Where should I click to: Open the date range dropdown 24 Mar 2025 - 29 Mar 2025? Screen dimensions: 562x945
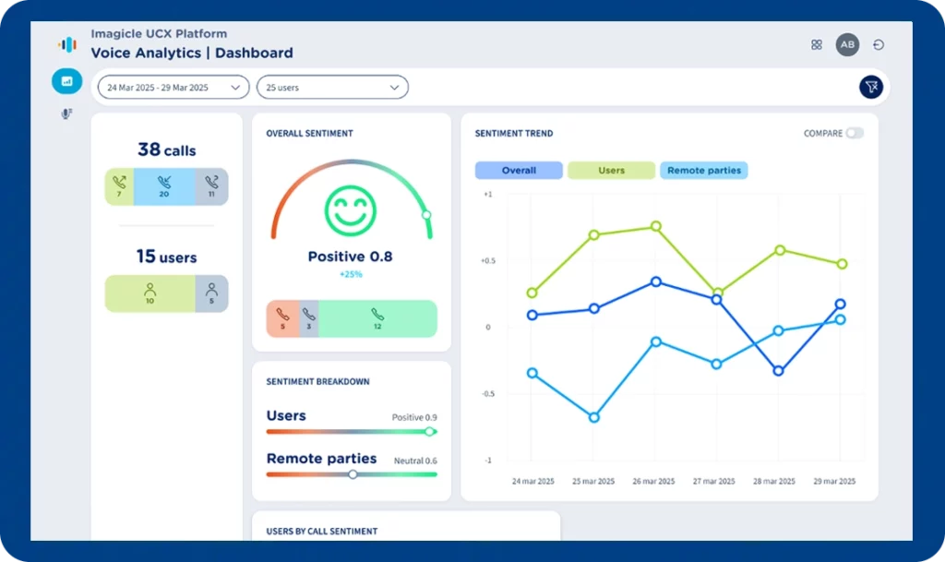[x=173, y=88]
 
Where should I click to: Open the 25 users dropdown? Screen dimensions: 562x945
[x=332, y=88]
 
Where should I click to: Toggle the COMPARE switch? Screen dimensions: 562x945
[x=855, y=133]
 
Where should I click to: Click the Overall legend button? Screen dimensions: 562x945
[x=519, y=171]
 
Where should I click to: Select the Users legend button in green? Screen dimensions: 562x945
[x=611, y=171]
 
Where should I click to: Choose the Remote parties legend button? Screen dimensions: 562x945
[x=704, y=171]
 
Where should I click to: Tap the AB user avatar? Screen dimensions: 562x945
[x=847, y=44]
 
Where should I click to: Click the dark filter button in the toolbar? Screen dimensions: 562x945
[x=870, y=87]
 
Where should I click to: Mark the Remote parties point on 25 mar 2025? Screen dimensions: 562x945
[x=593, y=417]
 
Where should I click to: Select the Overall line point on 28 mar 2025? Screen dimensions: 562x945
[x=779, y=371]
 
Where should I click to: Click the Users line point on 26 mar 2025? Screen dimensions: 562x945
[x=655, y=226]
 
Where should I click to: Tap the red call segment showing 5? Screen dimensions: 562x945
[x=282, y=318]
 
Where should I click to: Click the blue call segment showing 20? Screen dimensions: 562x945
[x=164, y=186]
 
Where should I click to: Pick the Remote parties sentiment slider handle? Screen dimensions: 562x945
[x=353, y=474]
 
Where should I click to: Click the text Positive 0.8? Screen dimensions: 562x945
[x=350, y=257]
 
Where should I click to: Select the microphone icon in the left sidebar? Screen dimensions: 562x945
[x=66, y=114]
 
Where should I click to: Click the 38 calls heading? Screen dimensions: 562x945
[x=166, y=149]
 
